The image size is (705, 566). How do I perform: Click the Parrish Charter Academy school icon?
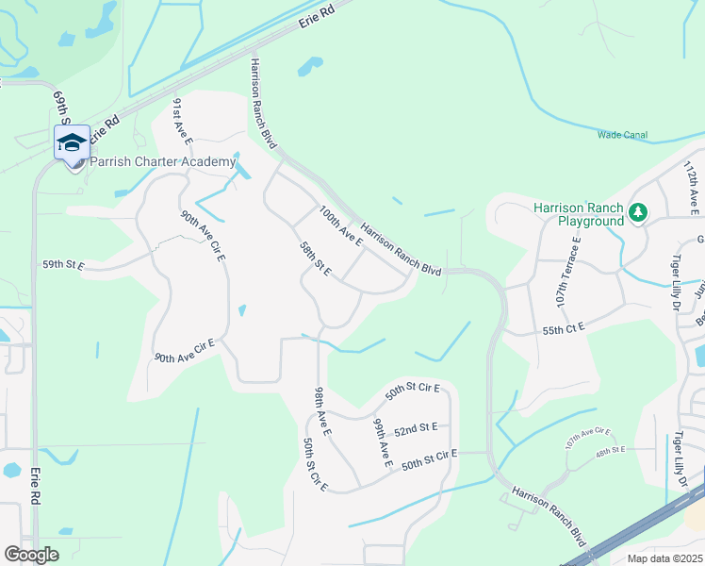point(72,143)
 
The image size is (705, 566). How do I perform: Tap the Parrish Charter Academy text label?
point(162,162)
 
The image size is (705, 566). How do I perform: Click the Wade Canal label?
point(622,135)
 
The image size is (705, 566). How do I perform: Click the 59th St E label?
point(63,266)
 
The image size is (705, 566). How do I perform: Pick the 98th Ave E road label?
point(322,411)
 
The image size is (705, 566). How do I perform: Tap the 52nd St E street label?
point(416,429)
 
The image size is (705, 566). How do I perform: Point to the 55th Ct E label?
point(565,326)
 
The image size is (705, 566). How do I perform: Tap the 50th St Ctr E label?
point(315,464)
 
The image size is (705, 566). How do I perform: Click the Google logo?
point(32,555)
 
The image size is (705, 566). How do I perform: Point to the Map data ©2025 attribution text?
point(664,558)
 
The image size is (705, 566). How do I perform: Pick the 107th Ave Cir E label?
point(588,438)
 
